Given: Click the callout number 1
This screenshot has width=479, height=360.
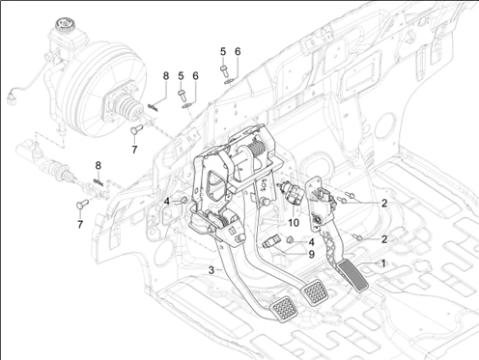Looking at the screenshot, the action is click(383, 263).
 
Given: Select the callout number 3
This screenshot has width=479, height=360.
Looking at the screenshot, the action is click(211, 270).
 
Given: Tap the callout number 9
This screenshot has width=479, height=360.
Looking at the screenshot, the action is click(311, 255).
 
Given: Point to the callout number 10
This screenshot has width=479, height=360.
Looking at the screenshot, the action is click(294, 222).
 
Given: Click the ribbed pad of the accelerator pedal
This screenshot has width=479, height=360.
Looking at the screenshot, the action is click(352, 277).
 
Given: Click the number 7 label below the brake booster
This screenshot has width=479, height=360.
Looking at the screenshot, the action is click(134, 150).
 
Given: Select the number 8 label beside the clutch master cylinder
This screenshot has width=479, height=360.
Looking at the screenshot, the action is click(98, 166).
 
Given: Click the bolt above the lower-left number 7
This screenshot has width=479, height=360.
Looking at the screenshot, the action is click(82, 204).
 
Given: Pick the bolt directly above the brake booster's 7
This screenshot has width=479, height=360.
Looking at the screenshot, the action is click(137, 129).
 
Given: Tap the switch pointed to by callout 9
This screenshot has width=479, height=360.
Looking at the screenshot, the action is click(270, 243).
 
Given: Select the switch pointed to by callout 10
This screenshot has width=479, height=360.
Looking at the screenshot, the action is click(290, 193).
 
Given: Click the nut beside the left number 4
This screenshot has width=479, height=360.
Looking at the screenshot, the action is click(183, 201).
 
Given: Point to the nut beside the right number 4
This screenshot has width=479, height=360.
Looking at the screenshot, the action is click(289, 239).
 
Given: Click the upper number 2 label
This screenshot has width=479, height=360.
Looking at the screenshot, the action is click(384, 203).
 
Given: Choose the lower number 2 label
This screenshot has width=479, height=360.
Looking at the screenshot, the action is click(384, 239).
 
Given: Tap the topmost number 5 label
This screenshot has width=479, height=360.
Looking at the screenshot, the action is click(223, 51).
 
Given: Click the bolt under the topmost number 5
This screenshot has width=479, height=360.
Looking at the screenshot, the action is click(224, 71).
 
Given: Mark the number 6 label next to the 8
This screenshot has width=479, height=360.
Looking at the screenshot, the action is click(195, 76).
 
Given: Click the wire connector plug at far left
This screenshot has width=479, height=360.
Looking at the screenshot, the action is click(11, 97).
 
